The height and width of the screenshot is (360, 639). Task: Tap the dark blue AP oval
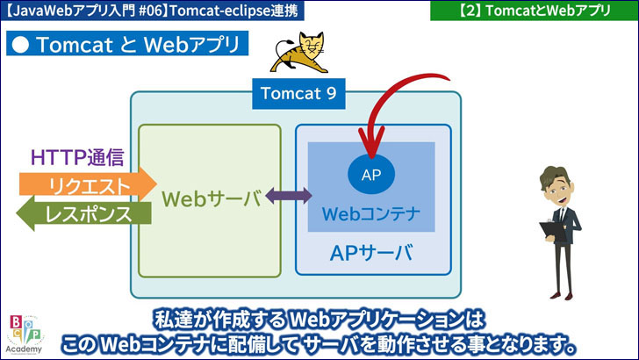pyautogui.click(x=370, y=173)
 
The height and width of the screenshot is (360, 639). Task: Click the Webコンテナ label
pyautogui.click(x=371, y=213)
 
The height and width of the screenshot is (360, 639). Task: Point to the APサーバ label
pyautogui.click(x=371, y=254)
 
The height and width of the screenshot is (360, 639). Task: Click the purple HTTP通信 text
pyautogui.click(x=77, y=158)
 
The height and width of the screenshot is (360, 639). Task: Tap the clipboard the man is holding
pyautogui.click(x=549, y=229)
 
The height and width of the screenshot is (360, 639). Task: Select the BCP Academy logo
pyautogui.click(x=25, y=334)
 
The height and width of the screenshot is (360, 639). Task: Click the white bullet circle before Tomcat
pyautogui.click(x=22, y=46)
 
